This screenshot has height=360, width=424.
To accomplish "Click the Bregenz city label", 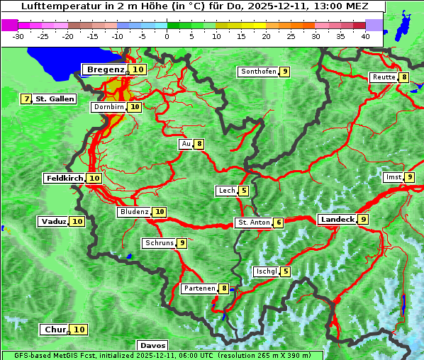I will pyautogui.click(x=105, y=69).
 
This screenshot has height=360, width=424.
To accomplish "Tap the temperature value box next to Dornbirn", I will pyautogui.click(x=135, y=107).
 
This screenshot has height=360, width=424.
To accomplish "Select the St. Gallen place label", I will pyautogui.click(x=55, y=99).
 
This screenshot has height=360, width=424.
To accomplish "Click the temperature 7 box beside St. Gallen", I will pyautogui.click(x=27, y=99).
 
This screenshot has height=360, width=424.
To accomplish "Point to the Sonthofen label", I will pyautogui.click(x=258, y=72).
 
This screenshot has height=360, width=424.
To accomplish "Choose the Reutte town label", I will pyautogui.click(x=384, y=77).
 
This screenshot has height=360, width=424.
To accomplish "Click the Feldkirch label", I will pyautogui.click(x=65, y=179).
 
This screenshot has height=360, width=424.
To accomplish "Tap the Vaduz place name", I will pyautogui.click(x=53, y=222).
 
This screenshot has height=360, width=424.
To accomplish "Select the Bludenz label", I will pyautogui.click(x=134, y=212).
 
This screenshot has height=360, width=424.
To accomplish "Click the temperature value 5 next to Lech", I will pyautogui.click(x=244, y=191).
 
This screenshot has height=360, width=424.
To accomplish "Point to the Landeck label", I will pyautogui.click(x=337, y=220).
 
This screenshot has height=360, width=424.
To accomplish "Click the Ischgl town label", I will pyautogui.click(x=266, y=271).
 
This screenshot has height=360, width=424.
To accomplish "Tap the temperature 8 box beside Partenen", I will pyautogui.click(x=224, y=288).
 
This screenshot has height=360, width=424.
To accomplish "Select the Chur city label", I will pyautogui.click(x=55, y=330).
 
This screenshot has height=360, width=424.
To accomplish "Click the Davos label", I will pyautogui.click(x=152, y=345).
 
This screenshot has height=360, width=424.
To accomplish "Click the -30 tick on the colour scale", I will pyautogui.click(x=18, y=35).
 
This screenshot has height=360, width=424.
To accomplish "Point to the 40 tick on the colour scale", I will pyautogui.click(x=365, y=35).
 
